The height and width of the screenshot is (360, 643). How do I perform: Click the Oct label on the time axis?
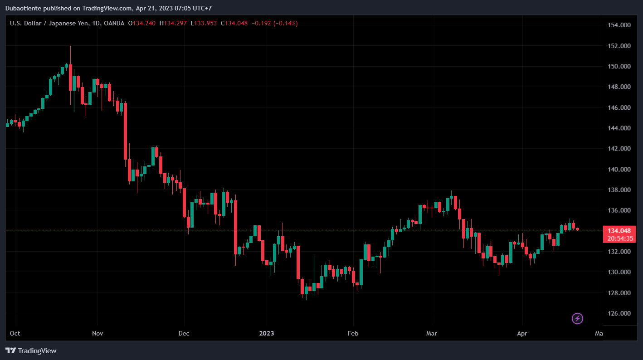(15, 334)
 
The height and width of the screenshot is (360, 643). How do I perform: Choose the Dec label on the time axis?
(184, 334)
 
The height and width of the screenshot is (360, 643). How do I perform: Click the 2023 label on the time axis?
(267, 334)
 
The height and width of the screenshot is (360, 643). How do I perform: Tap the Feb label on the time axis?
(353, 334)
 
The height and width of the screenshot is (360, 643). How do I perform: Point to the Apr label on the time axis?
(522, 334)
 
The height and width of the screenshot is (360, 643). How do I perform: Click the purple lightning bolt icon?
(577, 318)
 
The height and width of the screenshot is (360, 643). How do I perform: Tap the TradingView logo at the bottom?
(31, 350)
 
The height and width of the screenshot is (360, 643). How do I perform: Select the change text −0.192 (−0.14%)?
(275, 23)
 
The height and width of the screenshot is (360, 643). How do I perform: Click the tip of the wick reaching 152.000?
(70, 46)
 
